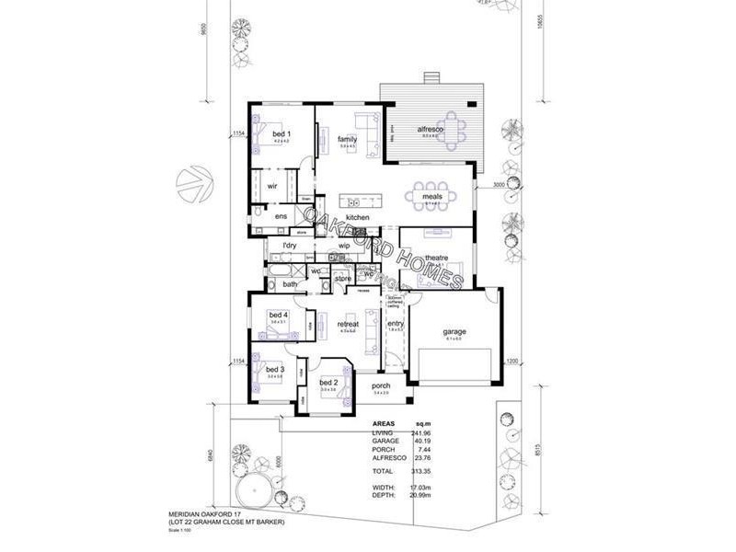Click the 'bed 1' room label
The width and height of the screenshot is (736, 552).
point(281,134)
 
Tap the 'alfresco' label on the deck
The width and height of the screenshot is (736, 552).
point(431,130)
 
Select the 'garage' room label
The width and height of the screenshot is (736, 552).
point(454,331)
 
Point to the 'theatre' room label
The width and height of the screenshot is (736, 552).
point(435,258)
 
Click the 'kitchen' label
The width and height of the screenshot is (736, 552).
point(357,217)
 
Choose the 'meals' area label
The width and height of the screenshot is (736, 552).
point(433,196)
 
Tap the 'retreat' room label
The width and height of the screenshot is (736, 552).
point(348,325)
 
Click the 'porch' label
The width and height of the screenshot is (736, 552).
point(381,385)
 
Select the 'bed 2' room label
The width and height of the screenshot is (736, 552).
point(328,382)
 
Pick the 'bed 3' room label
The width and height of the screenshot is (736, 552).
point(275,369)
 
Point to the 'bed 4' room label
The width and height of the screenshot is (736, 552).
point(278,316)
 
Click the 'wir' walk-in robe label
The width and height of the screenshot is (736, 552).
point(272,186)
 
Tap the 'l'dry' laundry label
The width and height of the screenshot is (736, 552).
point(290,246)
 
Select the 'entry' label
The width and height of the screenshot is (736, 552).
point(396,324)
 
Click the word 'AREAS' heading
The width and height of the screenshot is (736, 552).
point(385,425)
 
